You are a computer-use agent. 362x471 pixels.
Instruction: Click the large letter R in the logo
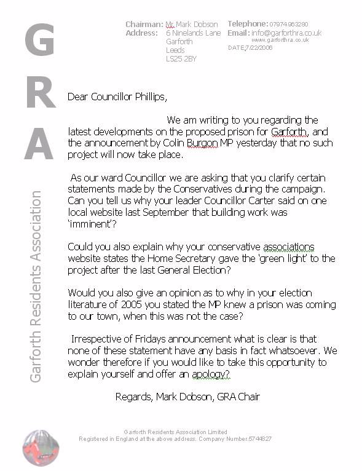coord(39,93)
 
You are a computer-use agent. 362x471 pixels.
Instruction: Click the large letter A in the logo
coord(39,144)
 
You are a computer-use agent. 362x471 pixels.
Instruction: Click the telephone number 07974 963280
coord(297,24)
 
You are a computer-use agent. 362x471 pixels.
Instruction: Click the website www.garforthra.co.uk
coord(280,40)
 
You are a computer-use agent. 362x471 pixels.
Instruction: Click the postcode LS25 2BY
coord(181,60)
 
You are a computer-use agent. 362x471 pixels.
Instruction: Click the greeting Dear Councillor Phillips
coord(117,97)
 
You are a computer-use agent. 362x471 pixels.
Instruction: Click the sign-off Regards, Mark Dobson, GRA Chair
coord(187,397)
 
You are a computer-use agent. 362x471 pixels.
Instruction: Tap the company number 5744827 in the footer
coord(257,439)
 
